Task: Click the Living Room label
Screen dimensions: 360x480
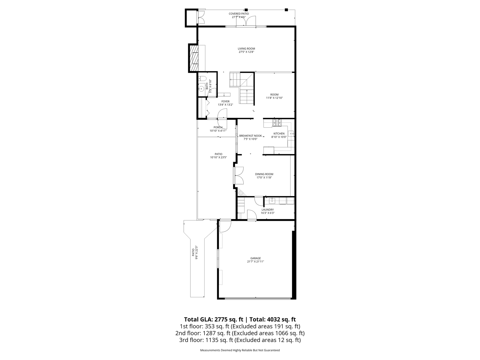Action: point(246,49)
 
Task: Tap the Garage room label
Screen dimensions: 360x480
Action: point(255,258)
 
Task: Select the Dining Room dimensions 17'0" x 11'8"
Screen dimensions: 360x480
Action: point(264,177)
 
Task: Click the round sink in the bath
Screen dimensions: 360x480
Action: point(201,89)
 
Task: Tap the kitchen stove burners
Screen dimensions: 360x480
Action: point(277,123)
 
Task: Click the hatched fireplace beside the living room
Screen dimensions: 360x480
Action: point(194,58)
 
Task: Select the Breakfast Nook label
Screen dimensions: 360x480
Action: point(250,136)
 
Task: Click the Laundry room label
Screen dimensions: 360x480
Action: point(267,210)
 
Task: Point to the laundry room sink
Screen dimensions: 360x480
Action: point(272,201)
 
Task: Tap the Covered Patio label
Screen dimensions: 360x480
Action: point(239,13)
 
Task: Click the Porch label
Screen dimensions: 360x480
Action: point(218,127)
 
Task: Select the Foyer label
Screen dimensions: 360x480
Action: point(225,102)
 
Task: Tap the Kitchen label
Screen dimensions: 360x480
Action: point(279,134)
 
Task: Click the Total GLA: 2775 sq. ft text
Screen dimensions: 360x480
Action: point(214,319)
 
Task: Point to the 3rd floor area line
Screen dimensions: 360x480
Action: point(240,340)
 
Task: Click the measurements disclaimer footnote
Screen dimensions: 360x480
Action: point(240,350)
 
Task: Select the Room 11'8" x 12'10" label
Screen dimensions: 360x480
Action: point(274,96)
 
